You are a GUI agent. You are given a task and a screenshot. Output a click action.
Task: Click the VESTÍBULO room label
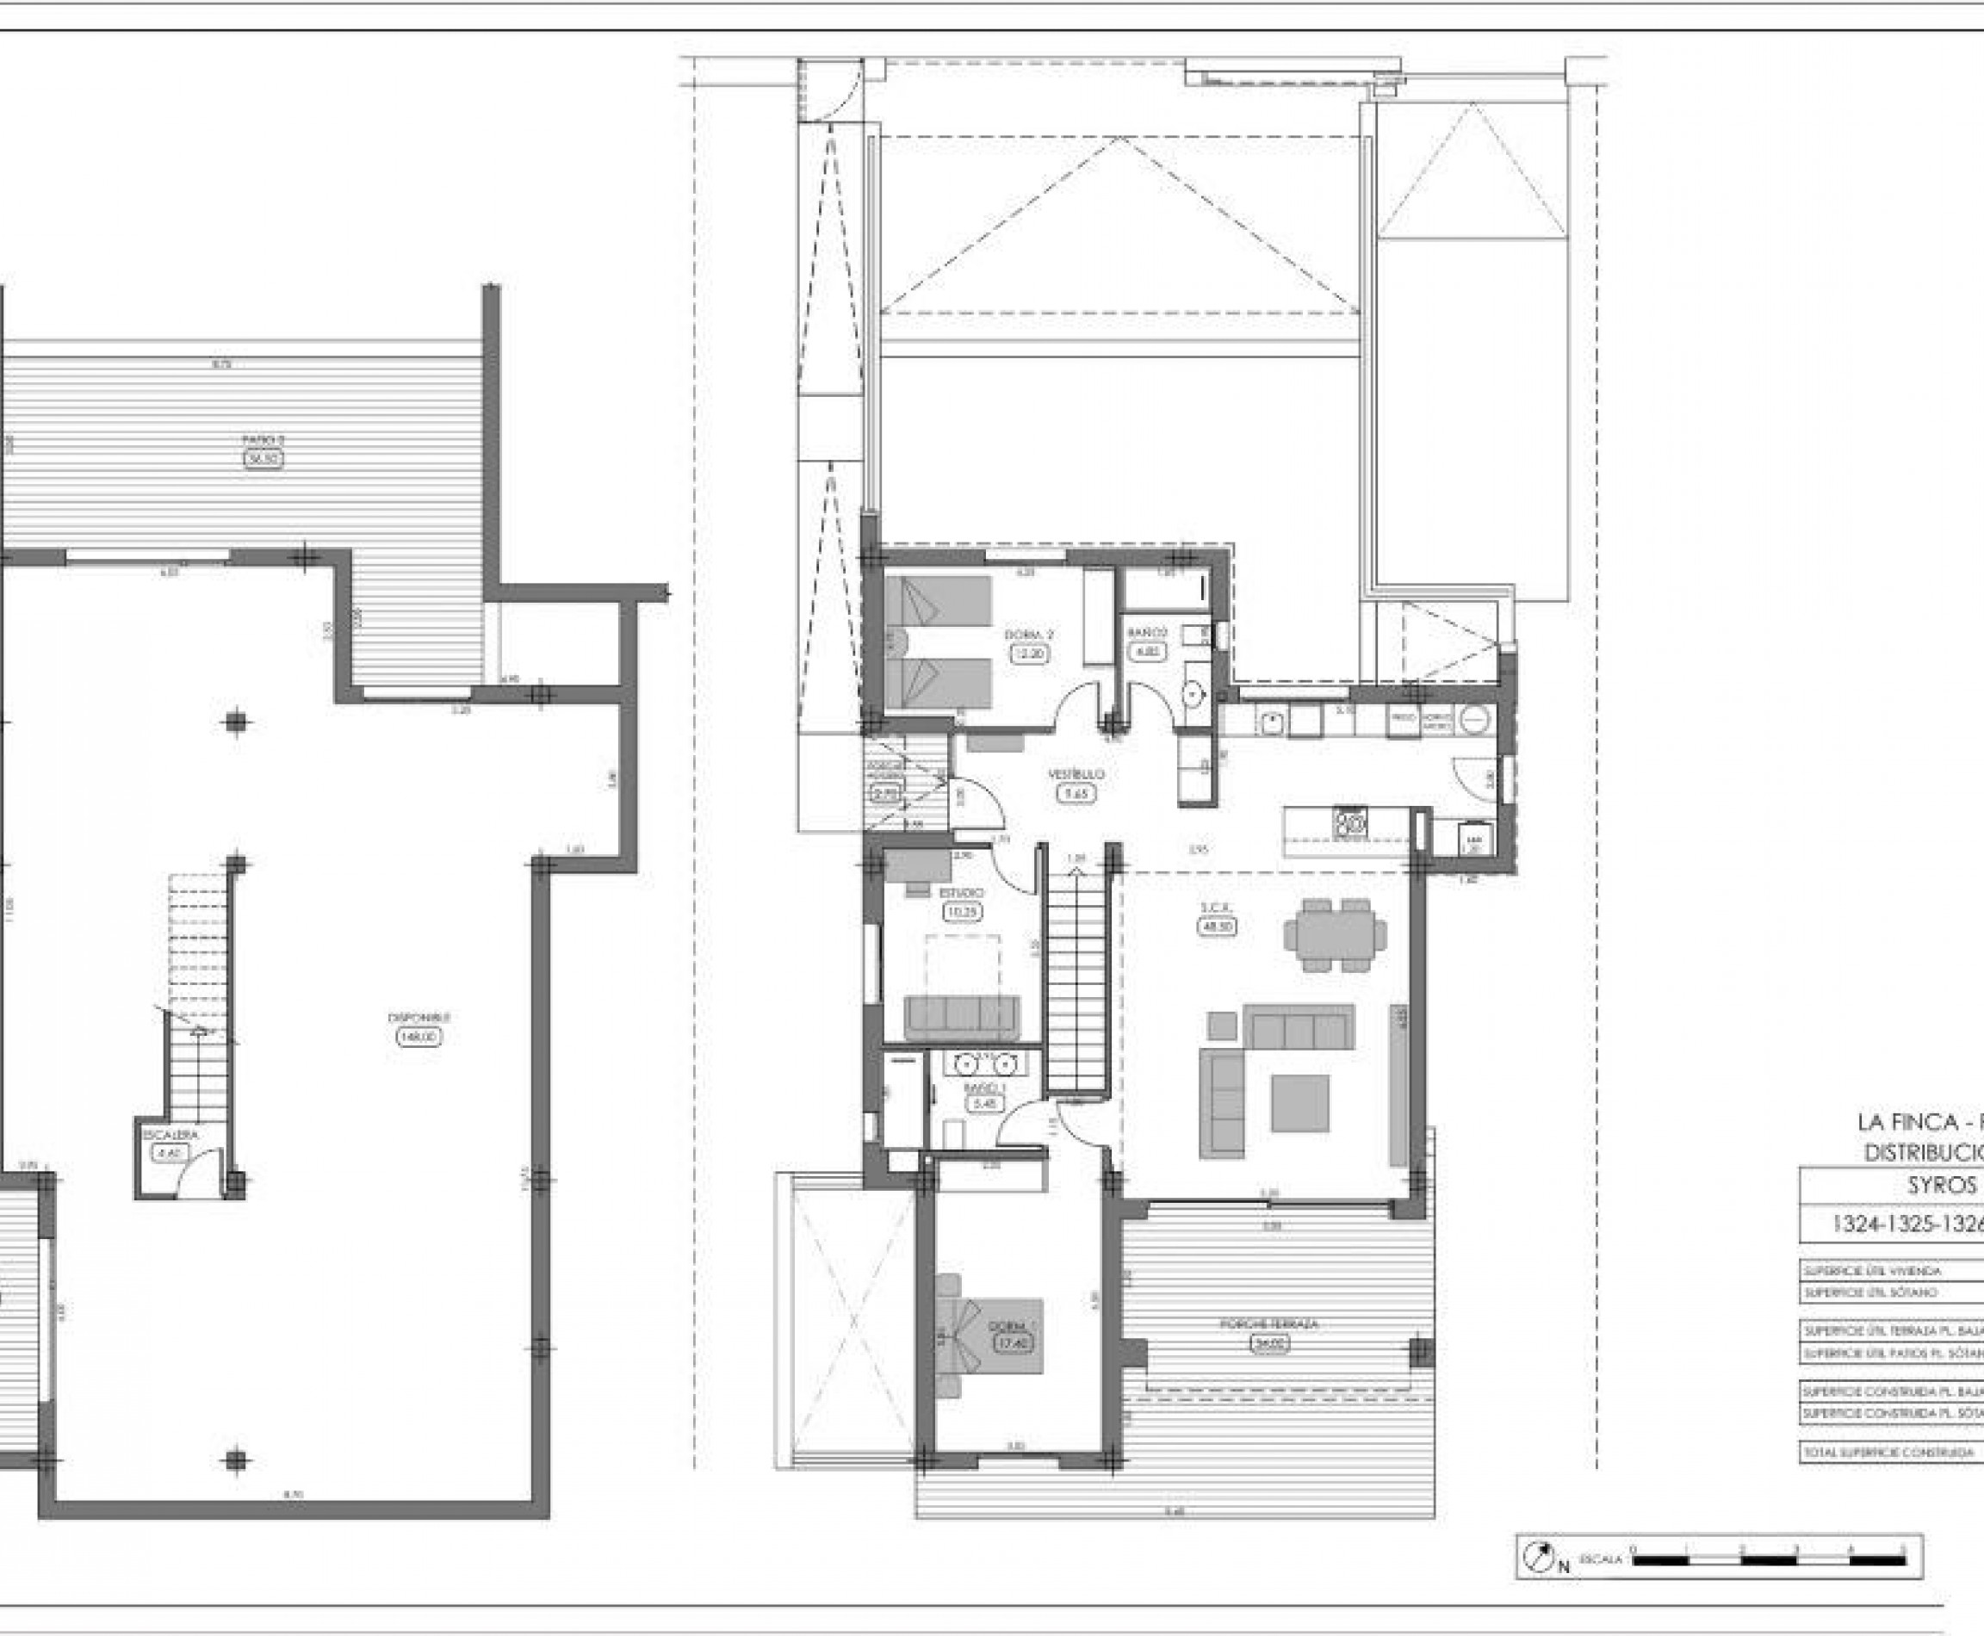point(1076,774)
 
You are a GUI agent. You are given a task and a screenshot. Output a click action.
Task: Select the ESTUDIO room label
point(961,891)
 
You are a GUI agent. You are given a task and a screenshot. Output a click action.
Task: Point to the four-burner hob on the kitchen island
point(1349,822)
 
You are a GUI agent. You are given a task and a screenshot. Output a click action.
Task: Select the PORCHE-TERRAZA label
point(1269,1324)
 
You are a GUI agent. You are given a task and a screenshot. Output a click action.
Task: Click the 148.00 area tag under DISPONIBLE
point(419,1037)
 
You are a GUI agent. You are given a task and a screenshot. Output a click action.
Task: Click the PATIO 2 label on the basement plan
point(263,439)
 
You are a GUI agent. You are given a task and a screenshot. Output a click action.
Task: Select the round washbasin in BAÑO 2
point(1193,695)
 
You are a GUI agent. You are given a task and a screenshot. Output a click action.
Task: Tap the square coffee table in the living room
point(1299,1104)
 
